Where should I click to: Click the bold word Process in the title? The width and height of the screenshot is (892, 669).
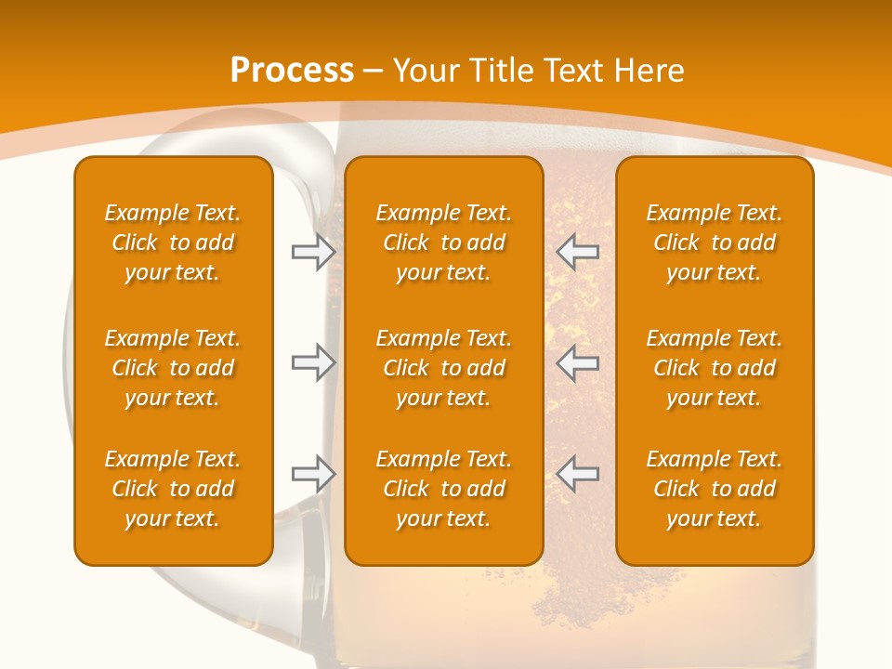coord(292,71)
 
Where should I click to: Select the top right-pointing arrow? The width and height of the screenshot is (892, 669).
coord(313,252)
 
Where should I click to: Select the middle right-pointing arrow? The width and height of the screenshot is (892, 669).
coord(313,363)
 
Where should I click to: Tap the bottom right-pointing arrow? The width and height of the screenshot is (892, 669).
coord(313,474)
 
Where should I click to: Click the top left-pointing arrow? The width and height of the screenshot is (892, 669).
coord(578,252)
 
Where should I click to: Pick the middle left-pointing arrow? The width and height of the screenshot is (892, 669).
coord(578,363)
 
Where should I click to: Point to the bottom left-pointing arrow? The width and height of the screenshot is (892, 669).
coord(578,474)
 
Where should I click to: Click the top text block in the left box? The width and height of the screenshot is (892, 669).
coord(173,243)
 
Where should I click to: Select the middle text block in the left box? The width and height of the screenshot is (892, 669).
coord(173,368)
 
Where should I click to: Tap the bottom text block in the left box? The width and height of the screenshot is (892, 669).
coord(173,489)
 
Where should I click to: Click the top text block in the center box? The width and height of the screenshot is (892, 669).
coord(443,243)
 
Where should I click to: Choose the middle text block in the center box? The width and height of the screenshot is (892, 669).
coord(443,368)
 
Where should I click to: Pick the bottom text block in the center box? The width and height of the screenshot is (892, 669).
coord(443,489)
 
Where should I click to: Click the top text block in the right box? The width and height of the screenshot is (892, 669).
coord(714,243)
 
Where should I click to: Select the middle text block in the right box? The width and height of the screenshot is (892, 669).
coord(714,368)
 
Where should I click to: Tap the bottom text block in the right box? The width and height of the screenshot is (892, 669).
coord(714,489)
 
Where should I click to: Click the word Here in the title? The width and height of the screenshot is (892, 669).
coord(648,71)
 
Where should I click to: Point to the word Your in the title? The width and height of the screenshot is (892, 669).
coord(425,71)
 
